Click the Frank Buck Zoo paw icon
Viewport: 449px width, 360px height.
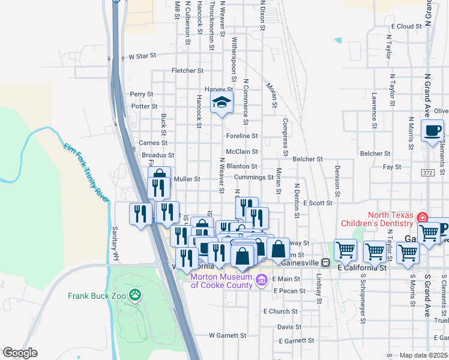click(x=136, y=295)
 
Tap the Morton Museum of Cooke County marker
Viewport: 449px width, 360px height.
click(x=261, y=280)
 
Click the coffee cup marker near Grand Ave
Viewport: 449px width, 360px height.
click(x=432, y=131)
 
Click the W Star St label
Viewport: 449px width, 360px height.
click(x=142, y=56)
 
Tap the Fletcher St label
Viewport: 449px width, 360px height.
click(x=188, y=71)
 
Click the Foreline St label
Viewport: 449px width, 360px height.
click(x=242, y=136)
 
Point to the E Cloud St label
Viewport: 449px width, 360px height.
click(x=407, y=26)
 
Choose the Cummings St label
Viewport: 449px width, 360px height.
click(x=253, y=178)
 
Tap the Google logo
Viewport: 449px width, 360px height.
click(x=20, y=353)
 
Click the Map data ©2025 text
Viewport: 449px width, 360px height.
click(x=424, y=355)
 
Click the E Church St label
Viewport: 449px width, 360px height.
click(x=280, y=311)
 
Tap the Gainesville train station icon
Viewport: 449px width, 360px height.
click(x=325, y=262)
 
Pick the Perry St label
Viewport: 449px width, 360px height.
click(x=142, y=94)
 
